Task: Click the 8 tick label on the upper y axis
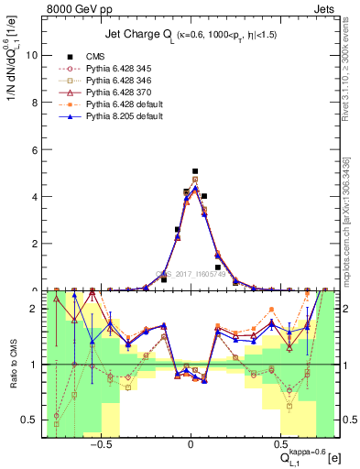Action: (31, 102)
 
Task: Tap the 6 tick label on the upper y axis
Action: (31, 149)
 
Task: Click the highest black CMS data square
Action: (195, 170)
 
